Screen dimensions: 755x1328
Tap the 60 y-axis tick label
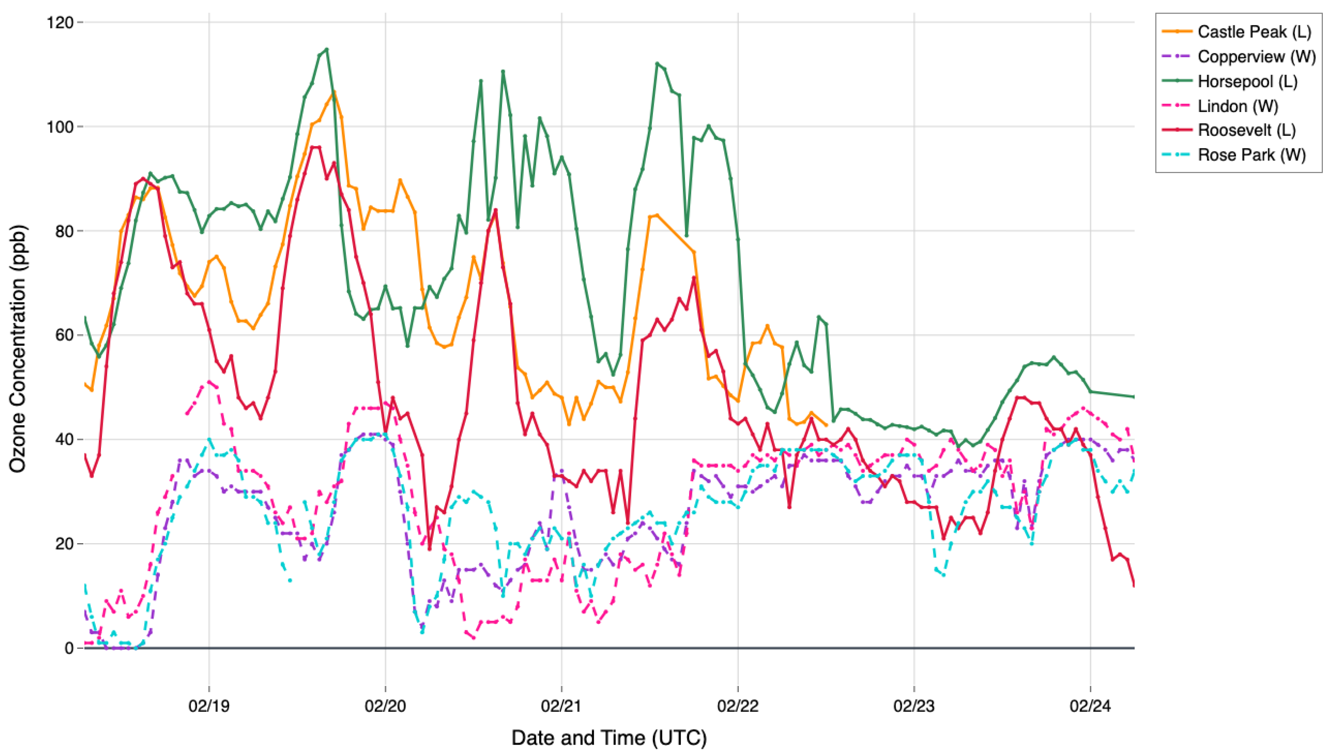(64, 335)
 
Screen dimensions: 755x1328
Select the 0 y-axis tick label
(69, 648)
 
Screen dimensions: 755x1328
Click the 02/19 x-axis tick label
(209, 706)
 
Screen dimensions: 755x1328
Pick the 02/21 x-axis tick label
(561, 706)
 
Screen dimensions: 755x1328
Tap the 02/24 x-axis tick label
(1090, 706)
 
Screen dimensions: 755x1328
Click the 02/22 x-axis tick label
(738, 706)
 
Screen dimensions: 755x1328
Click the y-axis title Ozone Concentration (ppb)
(18, 348)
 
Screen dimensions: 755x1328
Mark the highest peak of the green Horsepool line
(327, 49)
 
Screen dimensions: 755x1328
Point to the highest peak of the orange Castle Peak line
(334, 92)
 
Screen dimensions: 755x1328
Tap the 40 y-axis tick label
(64, 440)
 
